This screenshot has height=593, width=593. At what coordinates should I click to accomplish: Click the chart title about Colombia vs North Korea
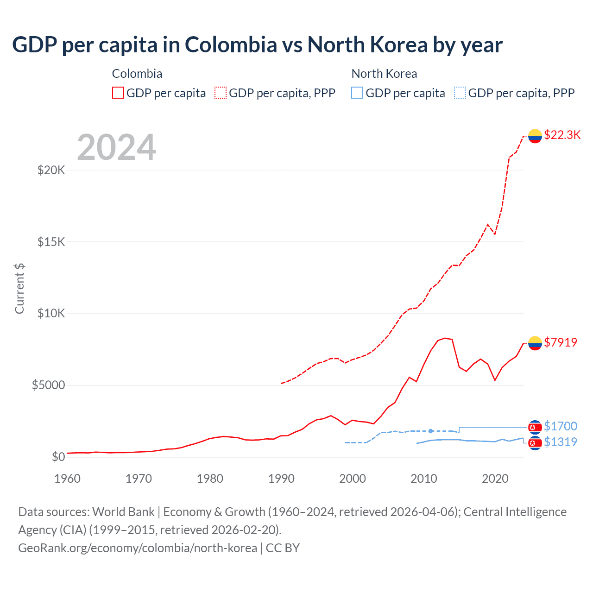point(257,45)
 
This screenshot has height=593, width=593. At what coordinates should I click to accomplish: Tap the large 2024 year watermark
point(116,147)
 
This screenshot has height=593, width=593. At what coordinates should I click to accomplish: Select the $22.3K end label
point(562,135)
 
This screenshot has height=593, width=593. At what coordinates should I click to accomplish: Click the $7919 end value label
point(561,342)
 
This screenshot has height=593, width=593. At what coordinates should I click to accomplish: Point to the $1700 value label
point(561,426)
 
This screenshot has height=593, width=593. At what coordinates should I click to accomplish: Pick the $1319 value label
point(561,442)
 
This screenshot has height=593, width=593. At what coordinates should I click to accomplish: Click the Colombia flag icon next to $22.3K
point(535,136)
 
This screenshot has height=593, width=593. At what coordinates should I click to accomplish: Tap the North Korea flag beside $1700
point(535,427)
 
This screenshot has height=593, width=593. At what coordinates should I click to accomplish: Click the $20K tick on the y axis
point(51,170)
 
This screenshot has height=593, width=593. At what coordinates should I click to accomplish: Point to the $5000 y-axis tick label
point(48,385)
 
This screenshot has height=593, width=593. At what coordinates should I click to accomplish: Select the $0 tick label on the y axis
point(58,457)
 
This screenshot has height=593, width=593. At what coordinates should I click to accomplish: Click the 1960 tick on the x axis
point(68,479)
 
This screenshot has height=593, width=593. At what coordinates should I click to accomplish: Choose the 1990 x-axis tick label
point(281,479)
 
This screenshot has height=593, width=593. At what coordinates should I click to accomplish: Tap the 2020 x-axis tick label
point(495,479)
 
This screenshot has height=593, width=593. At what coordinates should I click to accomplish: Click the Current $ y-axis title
point(19,288)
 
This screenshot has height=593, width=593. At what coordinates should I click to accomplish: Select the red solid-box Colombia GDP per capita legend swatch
point(118,93)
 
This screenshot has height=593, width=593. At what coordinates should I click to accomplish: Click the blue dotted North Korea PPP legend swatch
point(460,93)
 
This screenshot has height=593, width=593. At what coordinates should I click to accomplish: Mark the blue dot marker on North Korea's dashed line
point(431,431)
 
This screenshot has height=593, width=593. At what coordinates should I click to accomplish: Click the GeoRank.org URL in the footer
point(138,548)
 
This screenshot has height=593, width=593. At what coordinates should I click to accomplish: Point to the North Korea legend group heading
point(384,74)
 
